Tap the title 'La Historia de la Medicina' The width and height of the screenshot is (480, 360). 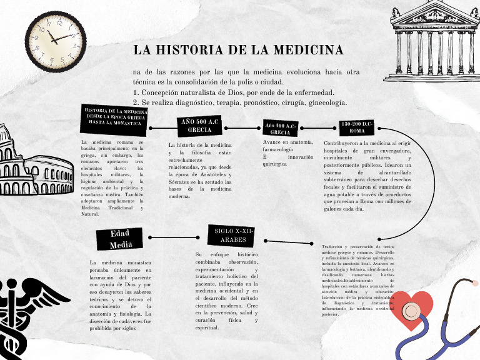(238, 49)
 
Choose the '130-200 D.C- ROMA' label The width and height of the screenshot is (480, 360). (357, 128)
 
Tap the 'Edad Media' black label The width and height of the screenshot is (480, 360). (120, 239)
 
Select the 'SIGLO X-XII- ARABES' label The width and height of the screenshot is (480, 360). (234, 236)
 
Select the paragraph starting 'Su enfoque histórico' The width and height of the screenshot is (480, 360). (226, 291)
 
